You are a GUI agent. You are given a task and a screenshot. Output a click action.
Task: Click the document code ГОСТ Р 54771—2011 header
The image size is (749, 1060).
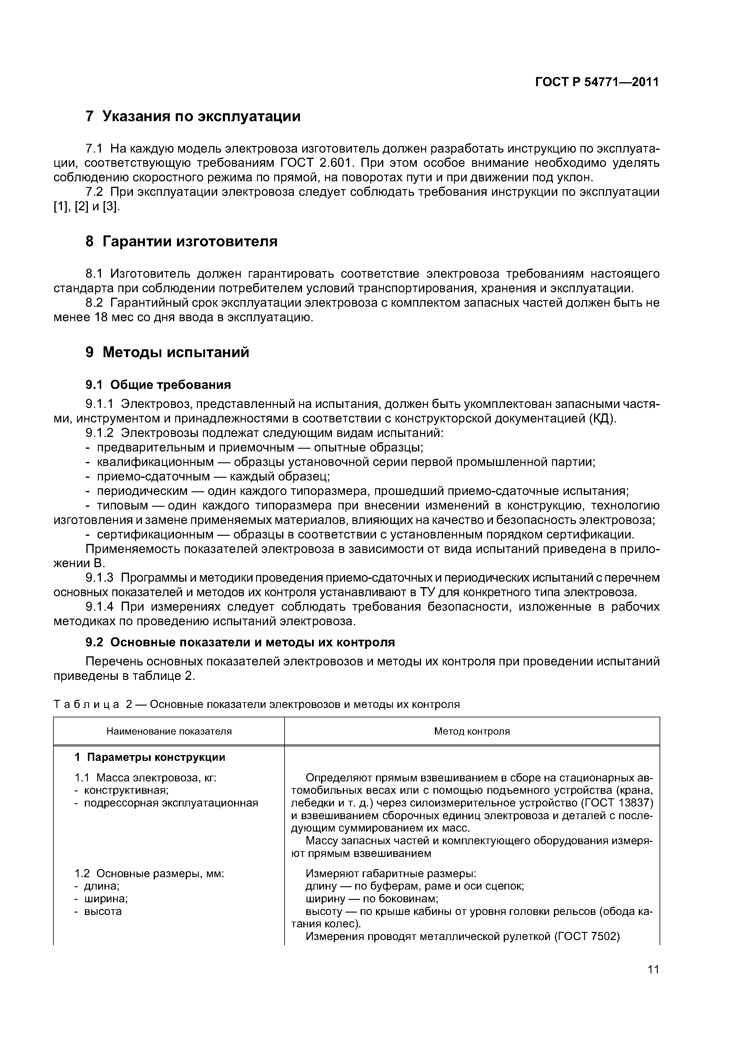(x=597, y=82)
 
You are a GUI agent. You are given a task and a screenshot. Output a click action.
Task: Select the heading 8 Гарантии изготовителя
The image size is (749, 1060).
(x=182, y=241)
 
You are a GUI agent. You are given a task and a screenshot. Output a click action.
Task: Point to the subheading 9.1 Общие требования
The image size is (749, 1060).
(x=158, y=385)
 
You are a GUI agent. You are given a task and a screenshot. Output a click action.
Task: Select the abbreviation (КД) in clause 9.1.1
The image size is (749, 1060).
(x=601, y=419)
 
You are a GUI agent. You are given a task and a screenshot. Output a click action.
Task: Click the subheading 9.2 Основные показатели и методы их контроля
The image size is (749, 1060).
(x=240, y=642)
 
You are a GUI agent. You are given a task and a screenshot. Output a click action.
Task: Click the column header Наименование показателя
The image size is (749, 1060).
(x=169, y=731)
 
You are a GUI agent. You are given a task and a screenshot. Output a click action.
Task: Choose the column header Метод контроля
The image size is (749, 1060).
(x=472, y=731)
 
